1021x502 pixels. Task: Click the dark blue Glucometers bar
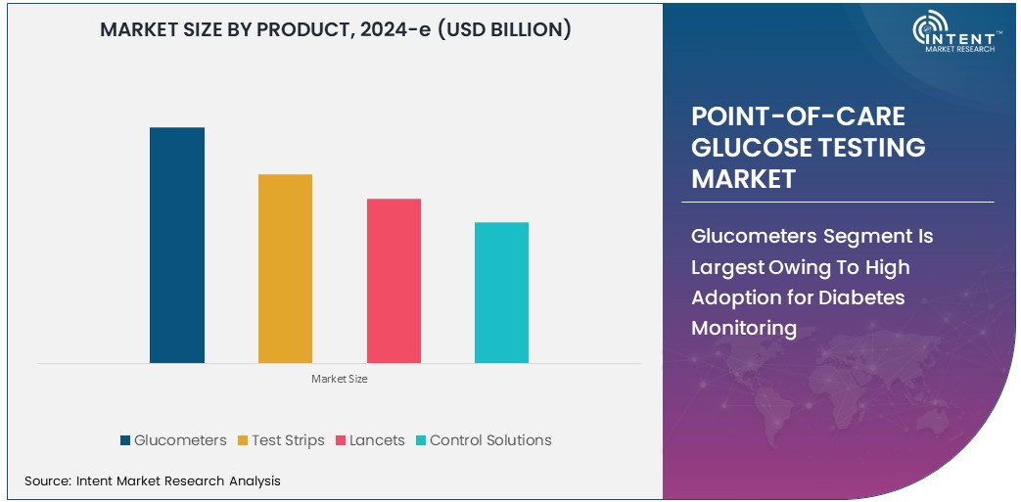177,245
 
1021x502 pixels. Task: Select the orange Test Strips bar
285,268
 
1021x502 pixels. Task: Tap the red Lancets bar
394,281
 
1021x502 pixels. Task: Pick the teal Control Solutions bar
501,293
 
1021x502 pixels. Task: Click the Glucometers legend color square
125,440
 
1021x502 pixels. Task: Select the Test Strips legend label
288,440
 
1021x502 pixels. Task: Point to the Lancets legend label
377,440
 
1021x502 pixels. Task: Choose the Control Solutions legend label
490,440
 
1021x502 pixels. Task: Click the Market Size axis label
340,379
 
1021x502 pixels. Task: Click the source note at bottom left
153,480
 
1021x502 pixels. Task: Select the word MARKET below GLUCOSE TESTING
743,179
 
